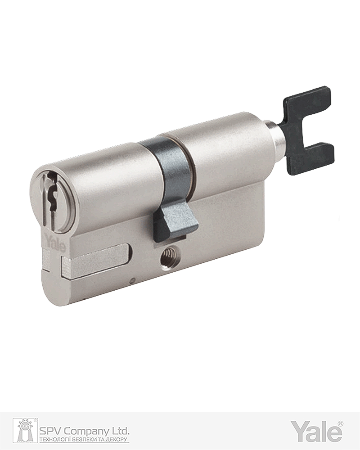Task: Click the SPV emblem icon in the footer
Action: (25, 430)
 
